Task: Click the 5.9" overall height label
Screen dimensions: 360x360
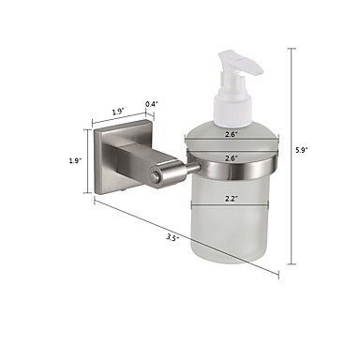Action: [x=302, y=150]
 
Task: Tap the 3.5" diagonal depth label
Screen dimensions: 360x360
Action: [x=172, y=238]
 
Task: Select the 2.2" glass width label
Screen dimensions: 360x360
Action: [x=232, y=199]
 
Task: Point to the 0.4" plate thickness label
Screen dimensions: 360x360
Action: [x=152, y=104]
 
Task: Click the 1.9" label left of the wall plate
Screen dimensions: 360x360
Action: [x=75, y=161]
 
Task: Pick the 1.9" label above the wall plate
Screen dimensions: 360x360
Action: [x=118, y=112]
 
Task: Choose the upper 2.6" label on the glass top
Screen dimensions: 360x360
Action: [x=232, y=134]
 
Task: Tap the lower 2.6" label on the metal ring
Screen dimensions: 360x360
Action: [x=232, y=158]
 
